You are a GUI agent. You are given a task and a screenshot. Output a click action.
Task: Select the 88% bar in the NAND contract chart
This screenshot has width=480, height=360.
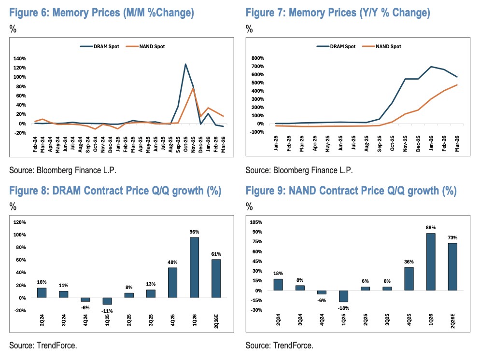431,262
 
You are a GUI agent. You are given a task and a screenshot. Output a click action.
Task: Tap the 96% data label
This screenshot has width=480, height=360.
194,231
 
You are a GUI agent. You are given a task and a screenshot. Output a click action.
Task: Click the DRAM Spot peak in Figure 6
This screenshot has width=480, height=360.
185,64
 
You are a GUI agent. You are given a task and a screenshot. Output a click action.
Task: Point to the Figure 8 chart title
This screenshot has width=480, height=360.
115,191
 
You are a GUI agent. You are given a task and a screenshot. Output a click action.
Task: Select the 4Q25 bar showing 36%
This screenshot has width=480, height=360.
409,279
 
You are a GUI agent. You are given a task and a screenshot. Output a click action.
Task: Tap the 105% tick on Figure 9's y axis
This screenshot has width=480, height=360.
256,222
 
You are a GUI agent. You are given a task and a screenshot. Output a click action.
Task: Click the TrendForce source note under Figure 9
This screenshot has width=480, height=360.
279,346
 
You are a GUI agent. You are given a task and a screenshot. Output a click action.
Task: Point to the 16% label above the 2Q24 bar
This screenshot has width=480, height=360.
42,281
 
